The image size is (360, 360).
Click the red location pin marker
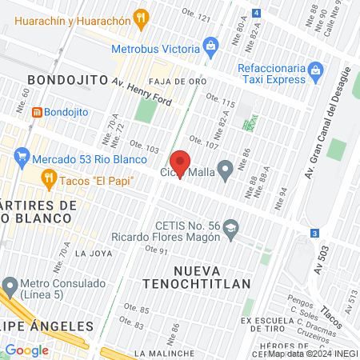(x=180, y=164)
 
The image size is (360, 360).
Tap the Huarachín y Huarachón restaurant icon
(x=142, y=16)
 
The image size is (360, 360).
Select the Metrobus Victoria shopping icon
(x=211, y=46)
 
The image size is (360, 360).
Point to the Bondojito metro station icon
(x=36, y=113)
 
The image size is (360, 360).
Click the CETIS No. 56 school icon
(x=231, y=227)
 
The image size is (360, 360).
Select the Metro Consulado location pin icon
(x=10, y=285)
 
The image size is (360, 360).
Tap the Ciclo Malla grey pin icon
(x=226, y=168)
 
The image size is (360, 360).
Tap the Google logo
(x=26, y=350)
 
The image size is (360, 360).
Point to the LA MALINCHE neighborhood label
(x=165, y=353)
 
